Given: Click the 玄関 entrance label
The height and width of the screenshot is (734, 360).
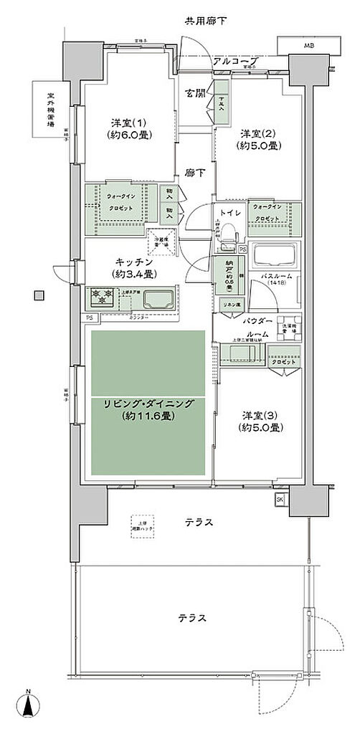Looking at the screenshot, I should tap(194, 93).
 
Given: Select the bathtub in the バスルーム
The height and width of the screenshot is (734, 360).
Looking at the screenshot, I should tap(276, 257).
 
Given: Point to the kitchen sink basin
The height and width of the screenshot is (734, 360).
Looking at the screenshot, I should tap(156, 299).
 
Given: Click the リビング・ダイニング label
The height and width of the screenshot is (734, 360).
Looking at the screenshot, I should tap(147, 410).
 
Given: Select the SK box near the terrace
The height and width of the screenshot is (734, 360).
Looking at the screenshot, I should tap(279, 500).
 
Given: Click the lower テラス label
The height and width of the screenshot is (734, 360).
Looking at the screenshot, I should tap(193, 618).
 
